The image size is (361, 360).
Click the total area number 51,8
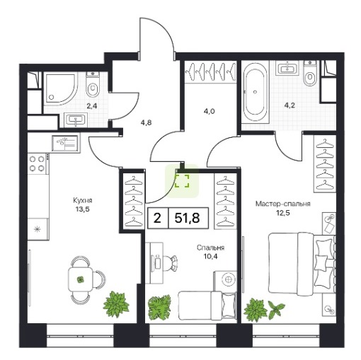(x=187, y=218)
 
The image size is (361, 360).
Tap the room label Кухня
(x=83, y=201)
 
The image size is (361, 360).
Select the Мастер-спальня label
(x=283, y=204)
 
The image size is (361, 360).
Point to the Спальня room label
(x=210, y=248)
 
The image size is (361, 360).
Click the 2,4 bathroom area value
(x=92, y=106)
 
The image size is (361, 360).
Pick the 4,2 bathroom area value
(x=290, y=105)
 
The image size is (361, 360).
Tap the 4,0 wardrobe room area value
(x=209, y=111)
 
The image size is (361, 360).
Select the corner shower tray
(x=61, y=89)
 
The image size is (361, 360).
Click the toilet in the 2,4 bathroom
(x=93, y=86)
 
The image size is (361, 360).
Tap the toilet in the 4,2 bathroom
(x=310, y=74)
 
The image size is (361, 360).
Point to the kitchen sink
(x=65, y=143)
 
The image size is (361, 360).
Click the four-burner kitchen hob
(x=38, y=163)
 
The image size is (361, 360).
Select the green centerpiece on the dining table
(x=81, y=279)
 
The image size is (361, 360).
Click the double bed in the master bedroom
(x=302, y=264)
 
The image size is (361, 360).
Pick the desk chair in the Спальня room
(x=170, y=262)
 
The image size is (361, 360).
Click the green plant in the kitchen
(x=116, y=303)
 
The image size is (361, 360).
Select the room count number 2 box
(x=157, y=218)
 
